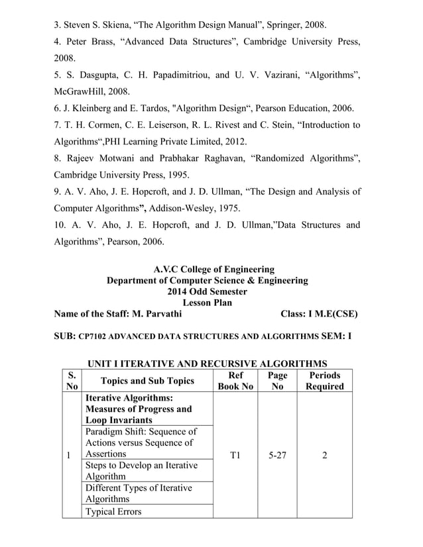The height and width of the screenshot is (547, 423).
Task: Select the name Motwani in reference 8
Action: tap(113, 158)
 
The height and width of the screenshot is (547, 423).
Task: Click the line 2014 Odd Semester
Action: tap(207, 291)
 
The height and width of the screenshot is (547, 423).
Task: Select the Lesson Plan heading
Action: tap(207, 303)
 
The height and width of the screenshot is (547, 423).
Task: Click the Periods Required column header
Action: tap(324, 381)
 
